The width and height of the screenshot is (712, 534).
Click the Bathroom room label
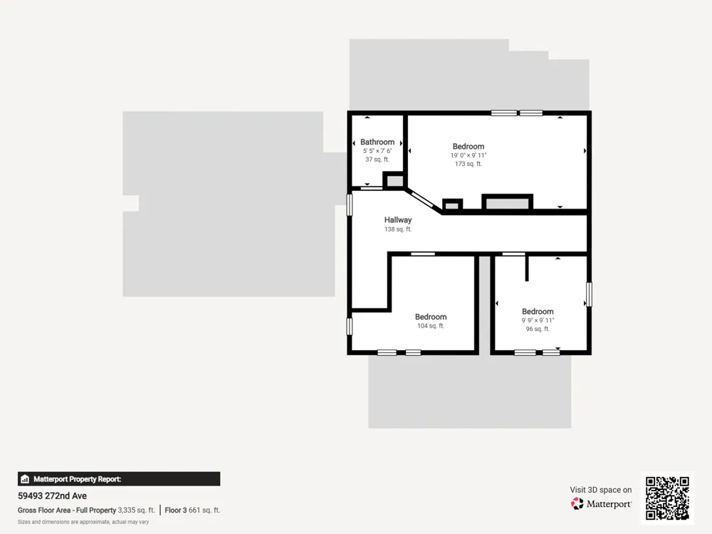(377, 142)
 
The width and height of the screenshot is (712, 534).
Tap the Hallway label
(398, 220)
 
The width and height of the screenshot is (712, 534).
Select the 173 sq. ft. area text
(468, 164)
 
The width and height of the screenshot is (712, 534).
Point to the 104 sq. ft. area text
(431, 325)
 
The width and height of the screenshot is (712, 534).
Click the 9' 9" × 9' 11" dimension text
(538, 320)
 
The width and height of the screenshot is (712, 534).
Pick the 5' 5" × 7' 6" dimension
(377, 151)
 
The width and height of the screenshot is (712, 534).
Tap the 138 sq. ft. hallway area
(398, 229)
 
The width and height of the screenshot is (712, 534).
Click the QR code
(667, 498)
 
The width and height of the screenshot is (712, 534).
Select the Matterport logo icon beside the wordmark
(577, 503)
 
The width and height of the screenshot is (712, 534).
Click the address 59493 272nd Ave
(52, 496)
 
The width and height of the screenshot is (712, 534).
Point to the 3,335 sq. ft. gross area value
(136, 511)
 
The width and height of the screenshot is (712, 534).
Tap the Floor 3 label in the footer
(176, 511)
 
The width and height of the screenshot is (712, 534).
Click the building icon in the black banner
(25, 479)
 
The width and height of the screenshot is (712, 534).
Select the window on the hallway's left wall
(349, 205)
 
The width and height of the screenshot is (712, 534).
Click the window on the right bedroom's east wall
(589, 294)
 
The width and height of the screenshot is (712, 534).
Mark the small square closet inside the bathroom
(394, 180)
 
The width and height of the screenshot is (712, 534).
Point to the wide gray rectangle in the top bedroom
(507, 202)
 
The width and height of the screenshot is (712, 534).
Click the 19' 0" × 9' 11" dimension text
(468, 155)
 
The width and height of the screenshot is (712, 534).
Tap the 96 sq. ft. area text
(538, 329)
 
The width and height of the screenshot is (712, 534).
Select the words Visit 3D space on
(601, 490)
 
